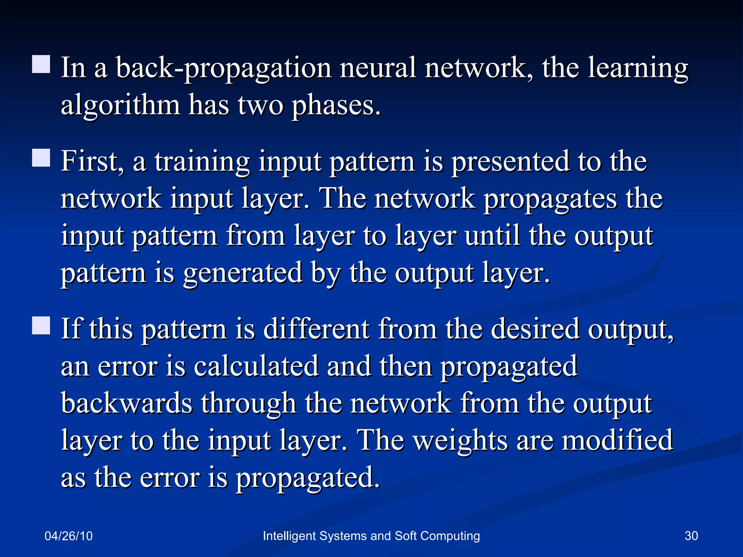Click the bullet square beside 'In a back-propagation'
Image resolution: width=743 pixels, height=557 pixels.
41,65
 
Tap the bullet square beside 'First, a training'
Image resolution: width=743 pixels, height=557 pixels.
41,158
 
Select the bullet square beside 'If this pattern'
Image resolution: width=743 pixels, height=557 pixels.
41,325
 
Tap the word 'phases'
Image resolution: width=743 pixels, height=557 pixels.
336,106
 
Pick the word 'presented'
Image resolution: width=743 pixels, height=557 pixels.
510,162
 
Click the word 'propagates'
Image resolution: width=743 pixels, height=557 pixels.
550,199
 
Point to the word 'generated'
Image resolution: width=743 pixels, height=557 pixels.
243,273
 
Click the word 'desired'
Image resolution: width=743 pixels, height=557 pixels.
535,329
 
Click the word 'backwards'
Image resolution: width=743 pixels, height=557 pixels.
127,403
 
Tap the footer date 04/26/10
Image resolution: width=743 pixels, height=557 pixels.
69,536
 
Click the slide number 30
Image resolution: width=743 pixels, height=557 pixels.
691,536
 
